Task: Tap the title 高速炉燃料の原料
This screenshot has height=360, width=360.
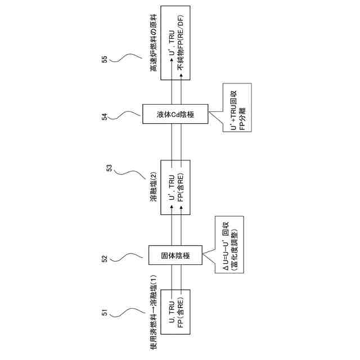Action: (x=152, y=44)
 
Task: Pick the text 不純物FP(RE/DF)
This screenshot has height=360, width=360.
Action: (x=181, y=43)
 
